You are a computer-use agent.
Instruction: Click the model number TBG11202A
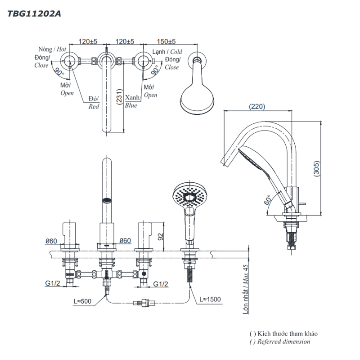[x=34, y=14]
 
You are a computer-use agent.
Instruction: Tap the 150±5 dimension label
[x=166, y=41]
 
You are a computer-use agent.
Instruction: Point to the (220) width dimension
[x=256, y=107]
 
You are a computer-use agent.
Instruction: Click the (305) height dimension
[x=317, y=169]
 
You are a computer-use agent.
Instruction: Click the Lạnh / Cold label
[x=167, y=52]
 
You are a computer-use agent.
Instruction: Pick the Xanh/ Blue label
[x=132, y=101]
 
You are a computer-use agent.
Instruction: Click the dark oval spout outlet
[x=107, y=201]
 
